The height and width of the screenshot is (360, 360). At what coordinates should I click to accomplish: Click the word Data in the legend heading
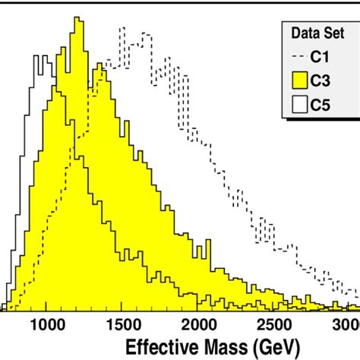pos(302,33)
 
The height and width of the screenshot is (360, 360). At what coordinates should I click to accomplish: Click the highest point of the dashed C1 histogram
pos(121,28)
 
